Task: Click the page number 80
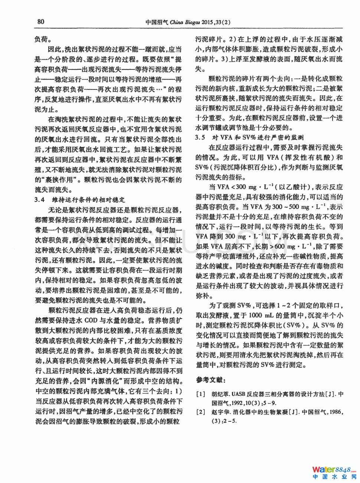pos(41,22)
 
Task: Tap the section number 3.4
pos(40,200)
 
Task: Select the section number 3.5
pos(200,137)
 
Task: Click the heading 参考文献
pos(211,380)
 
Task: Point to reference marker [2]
pos(201,412)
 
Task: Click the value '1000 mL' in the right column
pos(261,315)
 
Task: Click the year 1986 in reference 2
pos(335,412)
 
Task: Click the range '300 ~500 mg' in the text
pos(291,207)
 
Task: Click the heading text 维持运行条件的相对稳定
pos(88,200)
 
